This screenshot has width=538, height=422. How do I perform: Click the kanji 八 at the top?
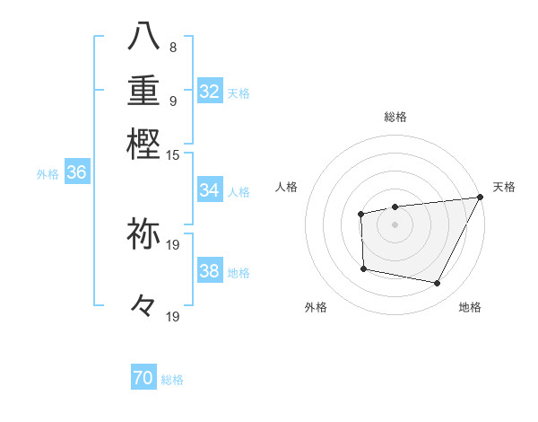pos(143,35)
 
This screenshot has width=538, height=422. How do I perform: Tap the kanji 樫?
pos(143,144)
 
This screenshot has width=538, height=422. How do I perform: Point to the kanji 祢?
pos(143,233)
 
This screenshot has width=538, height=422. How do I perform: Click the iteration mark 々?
pos(143,305)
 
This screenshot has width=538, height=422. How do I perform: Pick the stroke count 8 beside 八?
pos(173,47)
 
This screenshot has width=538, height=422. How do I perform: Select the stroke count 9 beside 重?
pos(173,100)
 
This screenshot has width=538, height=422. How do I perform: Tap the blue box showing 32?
pos(210,92)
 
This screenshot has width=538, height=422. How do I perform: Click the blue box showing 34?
pos(210,190)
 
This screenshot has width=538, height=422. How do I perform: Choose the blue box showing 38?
pos(210,271)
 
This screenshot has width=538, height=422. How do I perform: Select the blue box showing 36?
pos(76,173)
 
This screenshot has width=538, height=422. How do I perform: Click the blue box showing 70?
pos(143,379)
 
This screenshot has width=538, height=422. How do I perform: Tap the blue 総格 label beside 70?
pos(172,380)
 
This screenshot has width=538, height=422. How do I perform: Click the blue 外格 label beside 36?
pos(48,174)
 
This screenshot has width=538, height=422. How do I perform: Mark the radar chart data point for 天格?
pos(480,198)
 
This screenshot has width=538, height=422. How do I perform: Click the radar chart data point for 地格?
pos(438,284)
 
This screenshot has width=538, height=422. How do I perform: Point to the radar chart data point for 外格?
pos(363,268)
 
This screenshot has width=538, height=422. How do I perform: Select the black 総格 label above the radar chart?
pos(395,117)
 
